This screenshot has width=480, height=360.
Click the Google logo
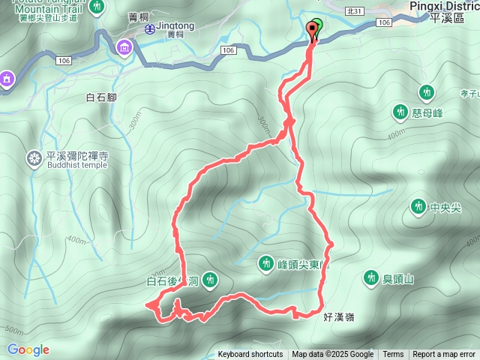pyautogui.click(x=28, y=349)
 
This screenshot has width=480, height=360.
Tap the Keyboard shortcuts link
pyautogui.click(x=250, y=355)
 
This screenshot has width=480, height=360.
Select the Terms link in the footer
pyautogui.click(x=393, y=355)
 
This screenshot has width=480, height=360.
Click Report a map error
pyautogui.click(x=445, y=355)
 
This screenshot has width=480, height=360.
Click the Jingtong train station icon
pyautogui.click(x=150, y=29)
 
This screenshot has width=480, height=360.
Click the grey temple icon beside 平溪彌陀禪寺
pyautogui.click(x=34, y=158)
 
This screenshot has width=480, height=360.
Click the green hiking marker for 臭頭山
pyautogui.click(x=370, y=278)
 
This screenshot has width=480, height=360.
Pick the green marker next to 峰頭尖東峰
pyautogui.click(x=265, y=263)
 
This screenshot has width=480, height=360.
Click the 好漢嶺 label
pyautogui.click(x=339, y=317)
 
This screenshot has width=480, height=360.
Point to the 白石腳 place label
pyautogui.click(x=102, y=97)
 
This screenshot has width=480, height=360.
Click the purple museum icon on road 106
pyautogui.click(x=124, y=49)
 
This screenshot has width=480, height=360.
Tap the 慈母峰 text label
pyautogui.click(x=428, y=112)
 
